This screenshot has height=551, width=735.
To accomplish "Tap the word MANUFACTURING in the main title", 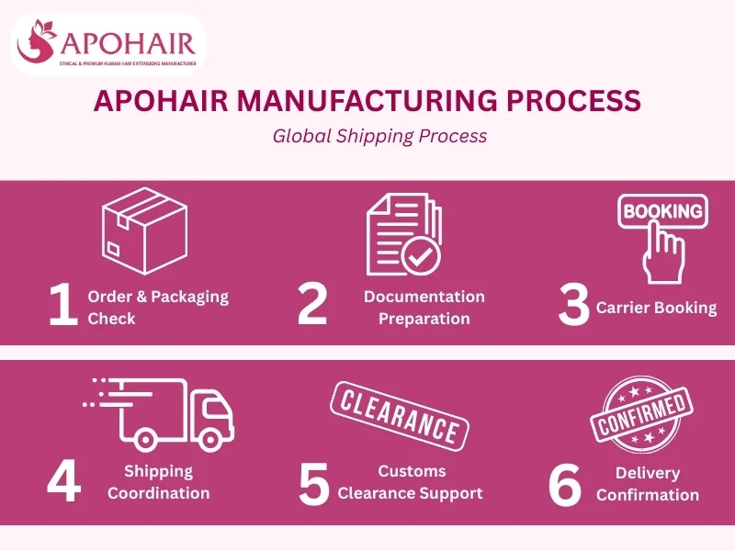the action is point(362,102).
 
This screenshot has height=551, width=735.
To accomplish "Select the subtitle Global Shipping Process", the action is point(379,136).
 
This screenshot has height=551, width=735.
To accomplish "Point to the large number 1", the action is point(63,306).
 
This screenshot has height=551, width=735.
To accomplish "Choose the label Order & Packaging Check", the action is point(157,308).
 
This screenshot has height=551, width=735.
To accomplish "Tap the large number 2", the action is point(312,306).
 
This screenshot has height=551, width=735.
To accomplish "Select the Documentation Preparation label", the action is point(424,308).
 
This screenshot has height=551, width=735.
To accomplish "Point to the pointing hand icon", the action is point(662,255).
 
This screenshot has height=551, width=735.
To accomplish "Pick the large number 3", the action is point(573,307).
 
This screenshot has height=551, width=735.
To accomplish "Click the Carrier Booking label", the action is point(656,308).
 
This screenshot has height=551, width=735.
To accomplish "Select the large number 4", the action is point(63,483).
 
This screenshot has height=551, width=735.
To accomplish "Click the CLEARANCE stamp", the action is point(399,416).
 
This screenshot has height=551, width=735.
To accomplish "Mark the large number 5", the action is point(313,484).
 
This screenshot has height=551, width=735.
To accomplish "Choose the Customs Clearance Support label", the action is point(410,482).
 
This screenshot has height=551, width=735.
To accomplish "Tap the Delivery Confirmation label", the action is point(648,484).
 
